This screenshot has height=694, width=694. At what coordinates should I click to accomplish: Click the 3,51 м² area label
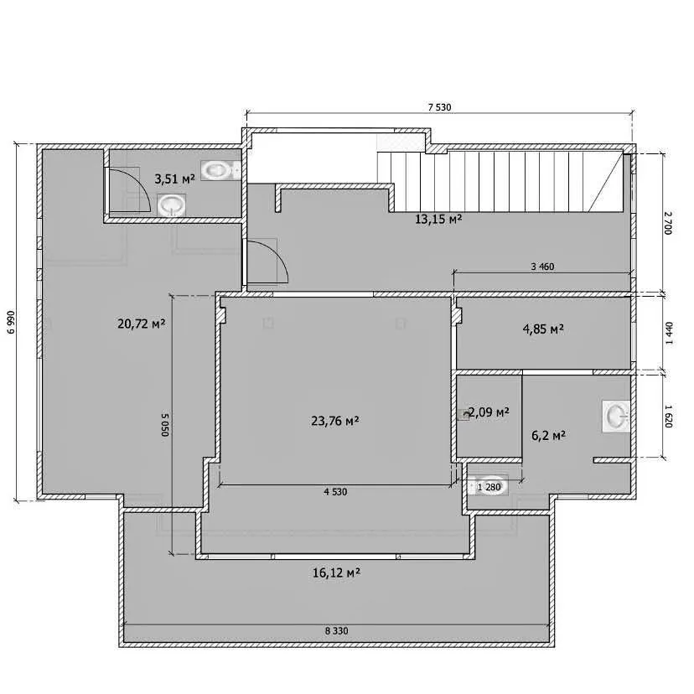click(174, 179)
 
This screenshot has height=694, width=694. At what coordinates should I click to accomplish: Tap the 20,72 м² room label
click(141, 324)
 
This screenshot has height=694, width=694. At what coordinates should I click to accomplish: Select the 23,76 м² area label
click(334, 421)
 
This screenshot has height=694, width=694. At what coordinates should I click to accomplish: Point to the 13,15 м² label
click(438, 219)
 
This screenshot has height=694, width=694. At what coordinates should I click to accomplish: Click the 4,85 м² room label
click(543, 329)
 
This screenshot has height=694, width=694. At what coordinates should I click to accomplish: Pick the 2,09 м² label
click(489, 412)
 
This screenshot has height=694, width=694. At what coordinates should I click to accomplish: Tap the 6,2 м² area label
click(548, 436)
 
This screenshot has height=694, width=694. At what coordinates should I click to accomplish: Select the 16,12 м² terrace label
click(336, 573)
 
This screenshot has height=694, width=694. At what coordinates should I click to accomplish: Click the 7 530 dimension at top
click(439, 107)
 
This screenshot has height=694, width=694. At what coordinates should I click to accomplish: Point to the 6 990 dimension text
click(12, 322)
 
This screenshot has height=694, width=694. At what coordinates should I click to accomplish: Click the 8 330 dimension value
click(336, 630)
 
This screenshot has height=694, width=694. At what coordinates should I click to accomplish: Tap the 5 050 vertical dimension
click(164, 425)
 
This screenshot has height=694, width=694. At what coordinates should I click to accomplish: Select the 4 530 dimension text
click(335, 492)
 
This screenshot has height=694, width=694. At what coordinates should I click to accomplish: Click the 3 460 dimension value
click(542, 267)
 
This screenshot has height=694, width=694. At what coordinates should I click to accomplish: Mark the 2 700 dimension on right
click(668, 224)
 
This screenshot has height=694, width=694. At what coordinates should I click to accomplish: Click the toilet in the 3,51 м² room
click(220, 170)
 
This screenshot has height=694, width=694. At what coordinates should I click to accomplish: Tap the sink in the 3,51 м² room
click(171, 206)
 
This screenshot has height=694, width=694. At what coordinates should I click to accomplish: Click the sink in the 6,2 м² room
click(616, 416)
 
